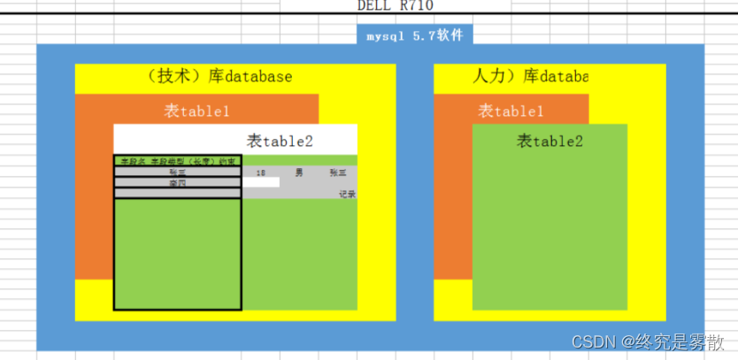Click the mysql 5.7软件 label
pos(414,36)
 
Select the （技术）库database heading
pos(219,77)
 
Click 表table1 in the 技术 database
pos(196,111)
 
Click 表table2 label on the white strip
pos(280,141)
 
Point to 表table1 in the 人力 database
pos(511,111)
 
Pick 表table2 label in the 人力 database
pos(550,141)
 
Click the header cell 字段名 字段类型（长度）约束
pos(177,162)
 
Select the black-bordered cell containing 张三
pos(177,172)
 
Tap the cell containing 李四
pos(177,183)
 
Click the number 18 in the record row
pos(260,173)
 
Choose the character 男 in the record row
pos(299,173)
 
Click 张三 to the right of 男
pos(337,173)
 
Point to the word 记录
pos(347,194)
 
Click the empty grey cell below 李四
pos(177,193)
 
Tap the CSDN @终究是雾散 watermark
pos(648,341)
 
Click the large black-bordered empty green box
pos(177,254)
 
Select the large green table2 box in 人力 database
pos(550,230)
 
